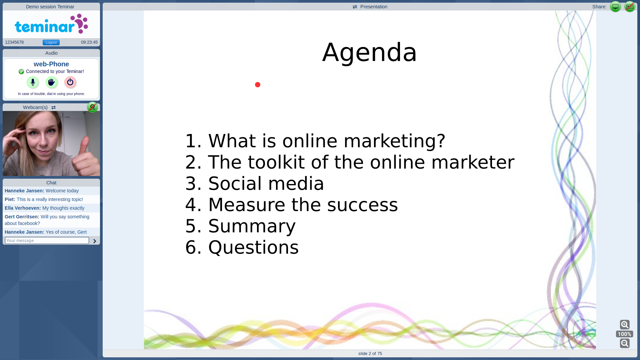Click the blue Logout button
51,42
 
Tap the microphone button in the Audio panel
33,82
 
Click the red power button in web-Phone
70,82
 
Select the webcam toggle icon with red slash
92,107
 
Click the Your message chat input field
47,240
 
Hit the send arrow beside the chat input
95,241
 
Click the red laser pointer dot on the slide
258,85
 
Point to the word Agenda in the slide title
369,53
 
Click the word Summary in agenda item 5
252,226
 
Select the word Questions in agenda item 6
253,247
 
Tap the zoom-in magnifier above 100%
625,324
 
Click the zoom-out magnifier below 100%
625,343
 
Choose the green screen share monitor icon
615,7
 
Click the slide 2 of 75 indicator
370,353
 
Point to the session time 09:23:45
89,42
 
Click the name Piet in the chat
10,199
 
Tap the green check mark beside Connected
21,72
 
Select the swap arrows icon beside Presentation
355,7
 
